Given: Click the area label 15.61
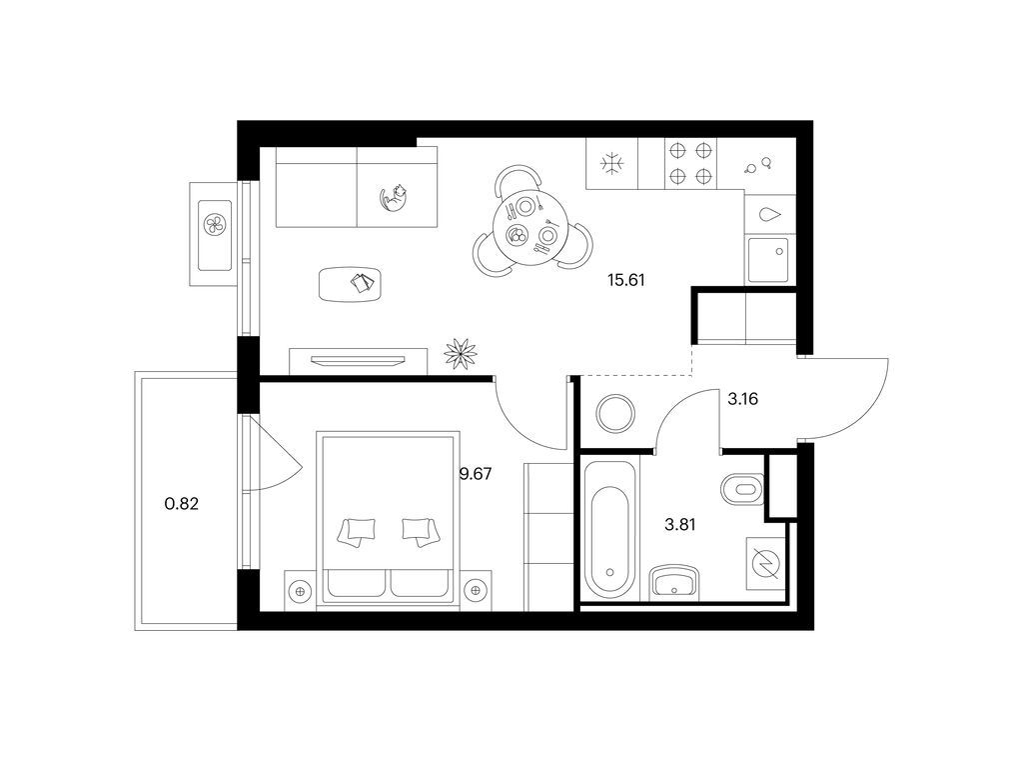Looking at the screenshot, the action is click(x=625, y=281).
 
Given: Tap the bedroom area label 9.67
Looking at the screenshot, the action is click(x=476, y=474).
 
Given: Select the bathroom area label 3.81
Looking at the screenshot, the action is click(x=679, y=524).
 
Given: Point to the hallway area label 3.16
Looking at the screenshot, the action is click(x=742, y=398).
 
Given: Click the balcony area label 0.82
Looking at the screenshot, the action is click(x=182, y=504).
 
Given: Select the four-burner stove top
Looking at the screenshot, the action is click(x=690, y=163).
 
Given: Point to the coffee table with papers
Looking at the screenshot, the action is click(x=350, y=284).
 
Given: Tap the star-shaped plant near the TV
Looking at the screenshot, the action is click(x=461, y=353).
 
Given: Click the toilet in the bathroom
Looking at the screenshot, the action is click(x=742, y=488).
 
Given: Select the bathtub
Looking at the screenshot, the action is click(x=609, y=530).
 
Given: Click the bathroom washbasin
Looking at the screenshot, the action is click(x=674, y=583).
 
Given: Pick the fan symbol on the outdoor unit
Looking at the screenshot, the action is click(x=215, y=225).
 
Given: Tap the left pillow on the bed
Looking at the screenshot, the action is click(x=357, y=531).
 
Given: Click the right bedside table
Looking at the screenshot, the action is click(x=477, y=591).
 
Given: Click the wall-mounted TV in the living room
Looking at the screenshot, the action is click(x=359, y=360).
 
